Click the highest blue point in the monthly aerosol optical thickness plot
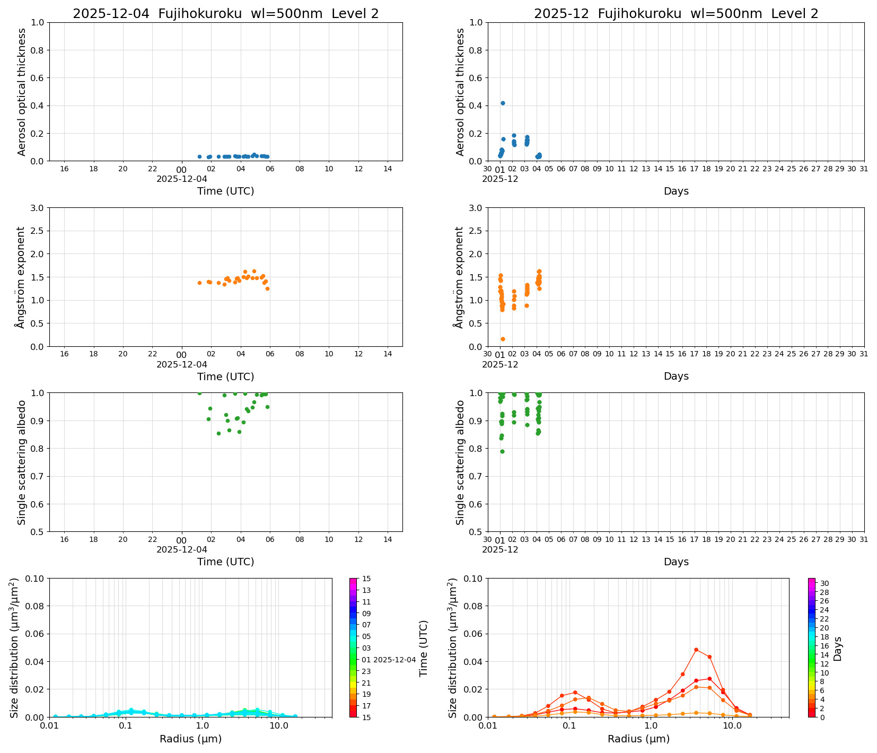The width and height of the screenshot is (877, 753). (503, 103)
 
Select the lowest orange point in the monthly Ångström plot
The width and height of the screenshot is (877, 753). (503, 339)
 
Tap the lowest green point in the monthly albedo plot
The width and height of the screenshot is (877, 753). (502, 451)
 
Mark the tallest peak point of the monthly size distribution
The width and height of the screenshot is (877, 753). (696, 650)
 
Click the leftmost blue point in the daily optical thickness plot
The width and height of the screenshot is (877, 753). (199, 156)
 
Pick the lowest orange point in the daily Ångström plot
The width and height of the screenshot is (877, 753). (267, 288)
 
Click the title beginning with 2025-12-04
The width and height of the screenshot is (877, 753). (225, 14)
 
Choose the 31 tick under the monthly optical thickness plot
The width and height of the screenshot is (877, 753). (864, 169)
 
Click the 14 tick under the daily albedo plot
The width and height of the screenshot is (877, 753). (388, 540)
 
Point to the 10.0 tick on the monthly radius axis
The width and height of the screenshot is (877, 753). (732, 725)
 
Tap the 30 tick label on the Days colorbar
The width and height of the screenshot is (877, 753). (825, 583)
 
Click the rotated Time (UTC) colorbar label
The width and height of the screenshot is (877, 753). (423, 648)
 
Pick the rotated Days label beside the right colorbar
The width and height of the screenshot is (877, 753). (838, 648)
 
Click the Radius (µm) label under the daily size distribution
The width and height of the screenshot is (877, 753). (190, 739)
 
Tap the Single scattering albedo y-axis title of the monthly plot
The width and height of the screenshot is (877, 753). (460, 462)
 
